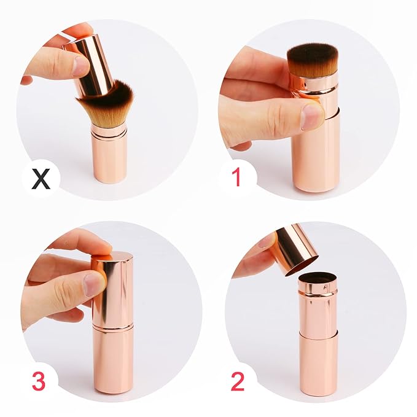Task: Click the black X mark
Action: [x=41, y=179]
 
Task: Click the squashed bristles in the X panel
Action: [x=108, y=105]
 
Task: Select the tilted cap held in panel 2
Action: [x=295, y=249]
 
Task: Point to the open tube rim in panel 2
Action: [x=318, y=278]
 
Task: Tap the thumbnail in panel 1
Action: [x=313, y=115]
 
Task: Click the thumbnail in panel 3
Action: [x=95, y=284]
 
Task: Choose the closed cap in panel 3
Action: [x=114, y=289]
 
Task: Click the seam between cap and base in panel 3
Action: [x=114, y=326]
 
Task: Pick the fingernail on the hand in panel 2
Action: [x=268, y=240]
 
